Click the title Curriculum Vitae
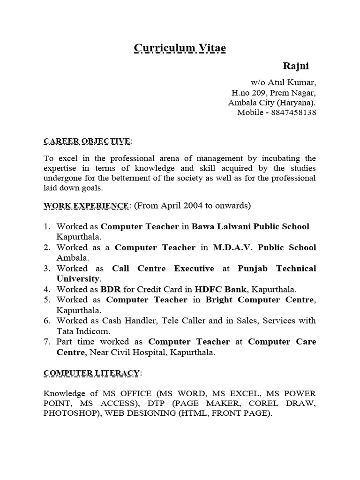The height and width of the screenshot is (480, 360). point(180,48)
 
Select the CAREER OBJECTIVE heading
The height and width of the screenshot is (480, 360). point(87,141)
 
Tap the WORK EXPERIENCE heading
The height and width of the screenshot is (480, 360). point(87,206)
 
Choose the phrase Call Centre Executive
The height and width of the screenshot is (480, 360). point(163,268)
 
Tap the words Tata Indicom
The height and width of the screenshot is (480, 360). point(78,331)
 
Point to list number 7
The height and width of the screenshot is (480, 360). point(47,342)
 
